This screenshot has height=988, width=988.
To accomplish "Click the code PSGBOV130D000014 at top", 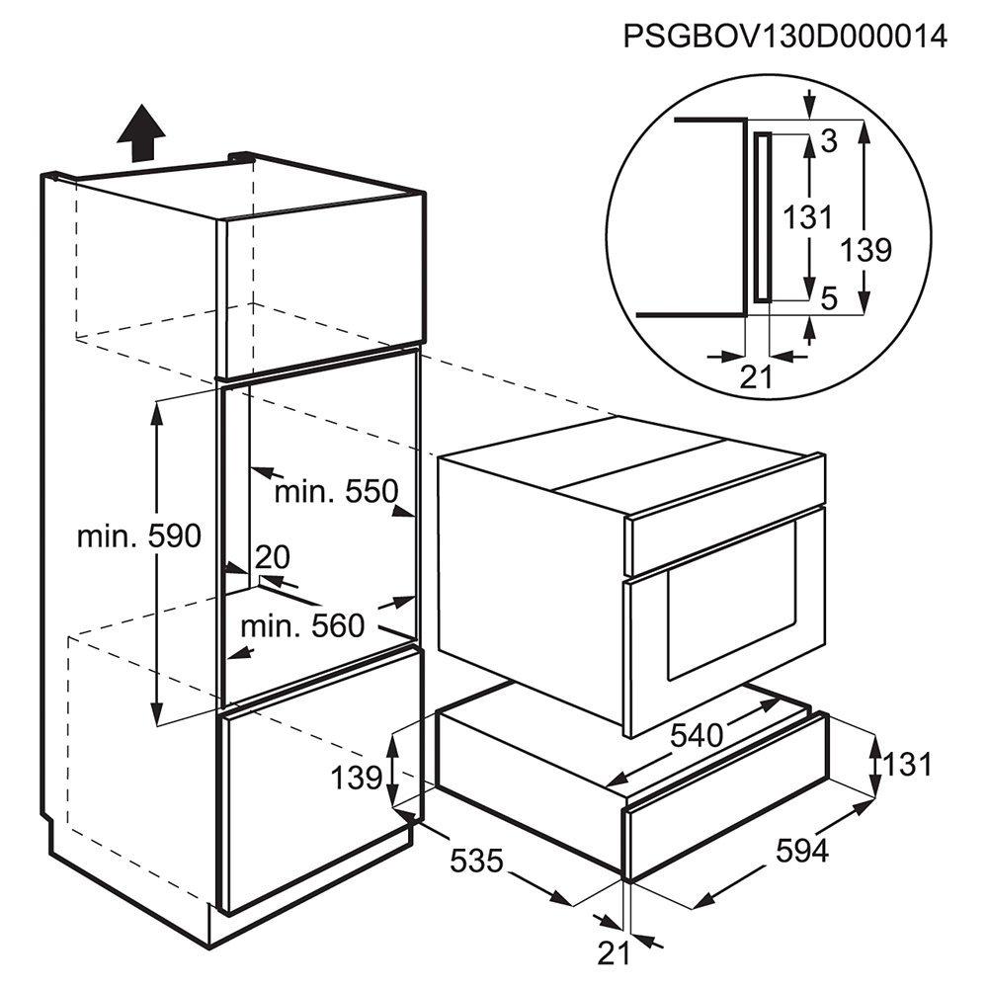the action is coord(784,37).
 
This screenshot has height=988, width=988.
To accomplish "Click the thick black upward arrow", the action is coord(141,133).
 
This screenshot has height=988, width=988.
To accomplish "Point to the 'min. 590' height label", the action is coord(138,536).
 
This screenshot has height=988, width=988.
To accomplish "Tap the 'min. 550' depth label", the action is coord(337,491).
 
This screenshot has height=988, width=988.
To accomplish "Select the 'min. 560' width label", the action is coord(302,625).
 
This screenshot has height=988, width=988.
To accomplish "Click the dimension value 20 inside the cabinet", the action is coord(273,557).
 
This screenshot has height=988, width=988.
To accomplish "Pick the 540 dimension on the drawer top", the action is coord(697,735).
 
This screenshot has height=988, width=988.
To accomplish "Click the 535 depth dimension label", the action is coord(476,861).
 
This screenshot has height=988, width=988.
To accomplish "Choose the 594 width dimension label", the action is coord(802,852).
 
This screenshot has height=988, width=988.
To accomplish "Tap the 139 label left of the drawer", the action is coord(357,778).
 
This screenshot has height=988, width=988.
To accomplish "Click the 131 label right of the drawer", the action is coord(907,765).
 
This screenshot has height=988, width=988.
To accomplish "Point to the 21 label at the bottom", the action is coord(614,953).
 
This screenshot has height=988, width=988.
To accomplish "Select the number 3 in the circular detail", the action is coord(829,141).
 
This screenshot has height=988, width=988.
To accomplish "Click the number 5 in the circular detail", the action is coord(830,298).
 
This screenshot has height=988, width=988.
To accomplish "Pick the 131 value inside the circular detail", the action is coord(808,217).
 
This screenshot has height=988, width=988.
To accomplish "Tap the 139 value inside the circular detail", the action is coord(866,250).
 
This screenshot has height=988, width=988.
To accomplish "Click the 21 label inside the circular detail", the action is coord(756,377).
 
